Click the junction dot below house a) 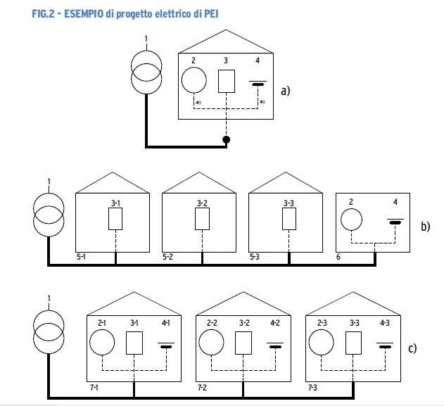point(226,141)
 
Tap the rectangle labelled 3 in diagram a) point(226,82)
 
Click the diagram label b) point(425,227)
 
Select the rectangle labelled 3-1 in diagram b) point(116,220)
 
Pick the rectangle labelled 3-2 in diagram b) point(202,220)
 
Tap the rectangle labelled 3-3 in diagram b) point(288,220)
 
